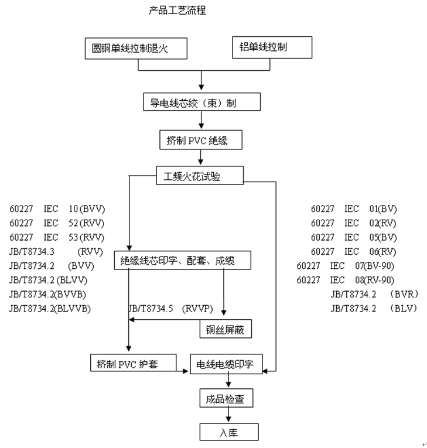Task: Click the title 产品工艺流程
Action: [x=177, y=11]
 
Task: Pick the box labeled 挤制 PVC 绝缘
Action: [x=201, y=141]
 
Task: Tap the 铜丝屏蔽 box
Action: [x=226, y=330]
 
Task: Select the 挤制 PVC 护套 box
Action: [x=134, y=364]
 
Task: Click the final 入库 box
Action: [x=228, y=433]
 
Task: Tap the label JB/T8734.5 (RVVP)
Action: [x=170, y=307]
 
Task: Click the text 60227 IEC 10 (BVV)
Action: [x=57, y=208]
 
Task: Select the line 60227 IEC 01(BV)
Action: [x=354, y=208]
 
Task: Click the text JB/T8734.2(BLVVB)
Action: [x=50, y=307]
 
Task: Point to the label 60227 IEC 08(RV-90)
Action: [x=346, y=280]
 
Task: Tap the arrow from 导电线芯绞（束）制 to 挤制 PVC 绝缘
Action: [x=201, y=121]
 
